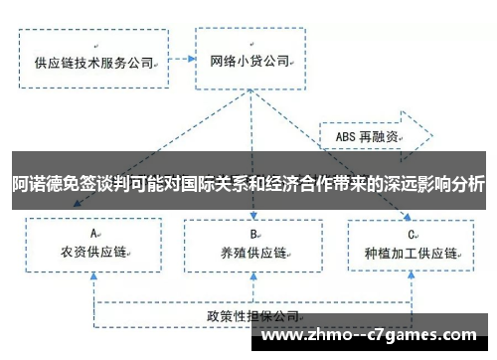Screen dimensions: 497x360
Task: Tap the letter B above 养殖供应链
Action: pos(253,234)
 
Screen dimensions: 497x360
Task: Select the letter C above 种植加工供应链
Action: pos(410,234)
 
